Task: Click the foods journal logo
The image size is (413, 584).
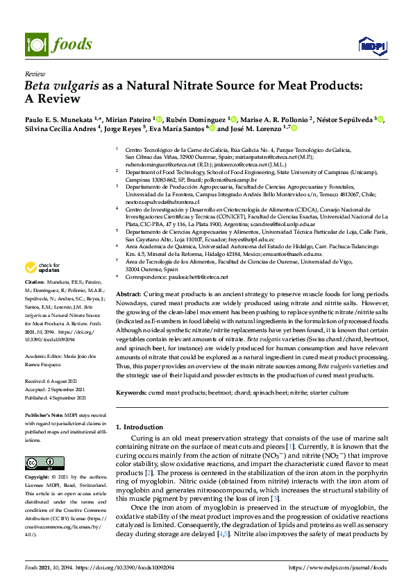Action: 59,44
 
